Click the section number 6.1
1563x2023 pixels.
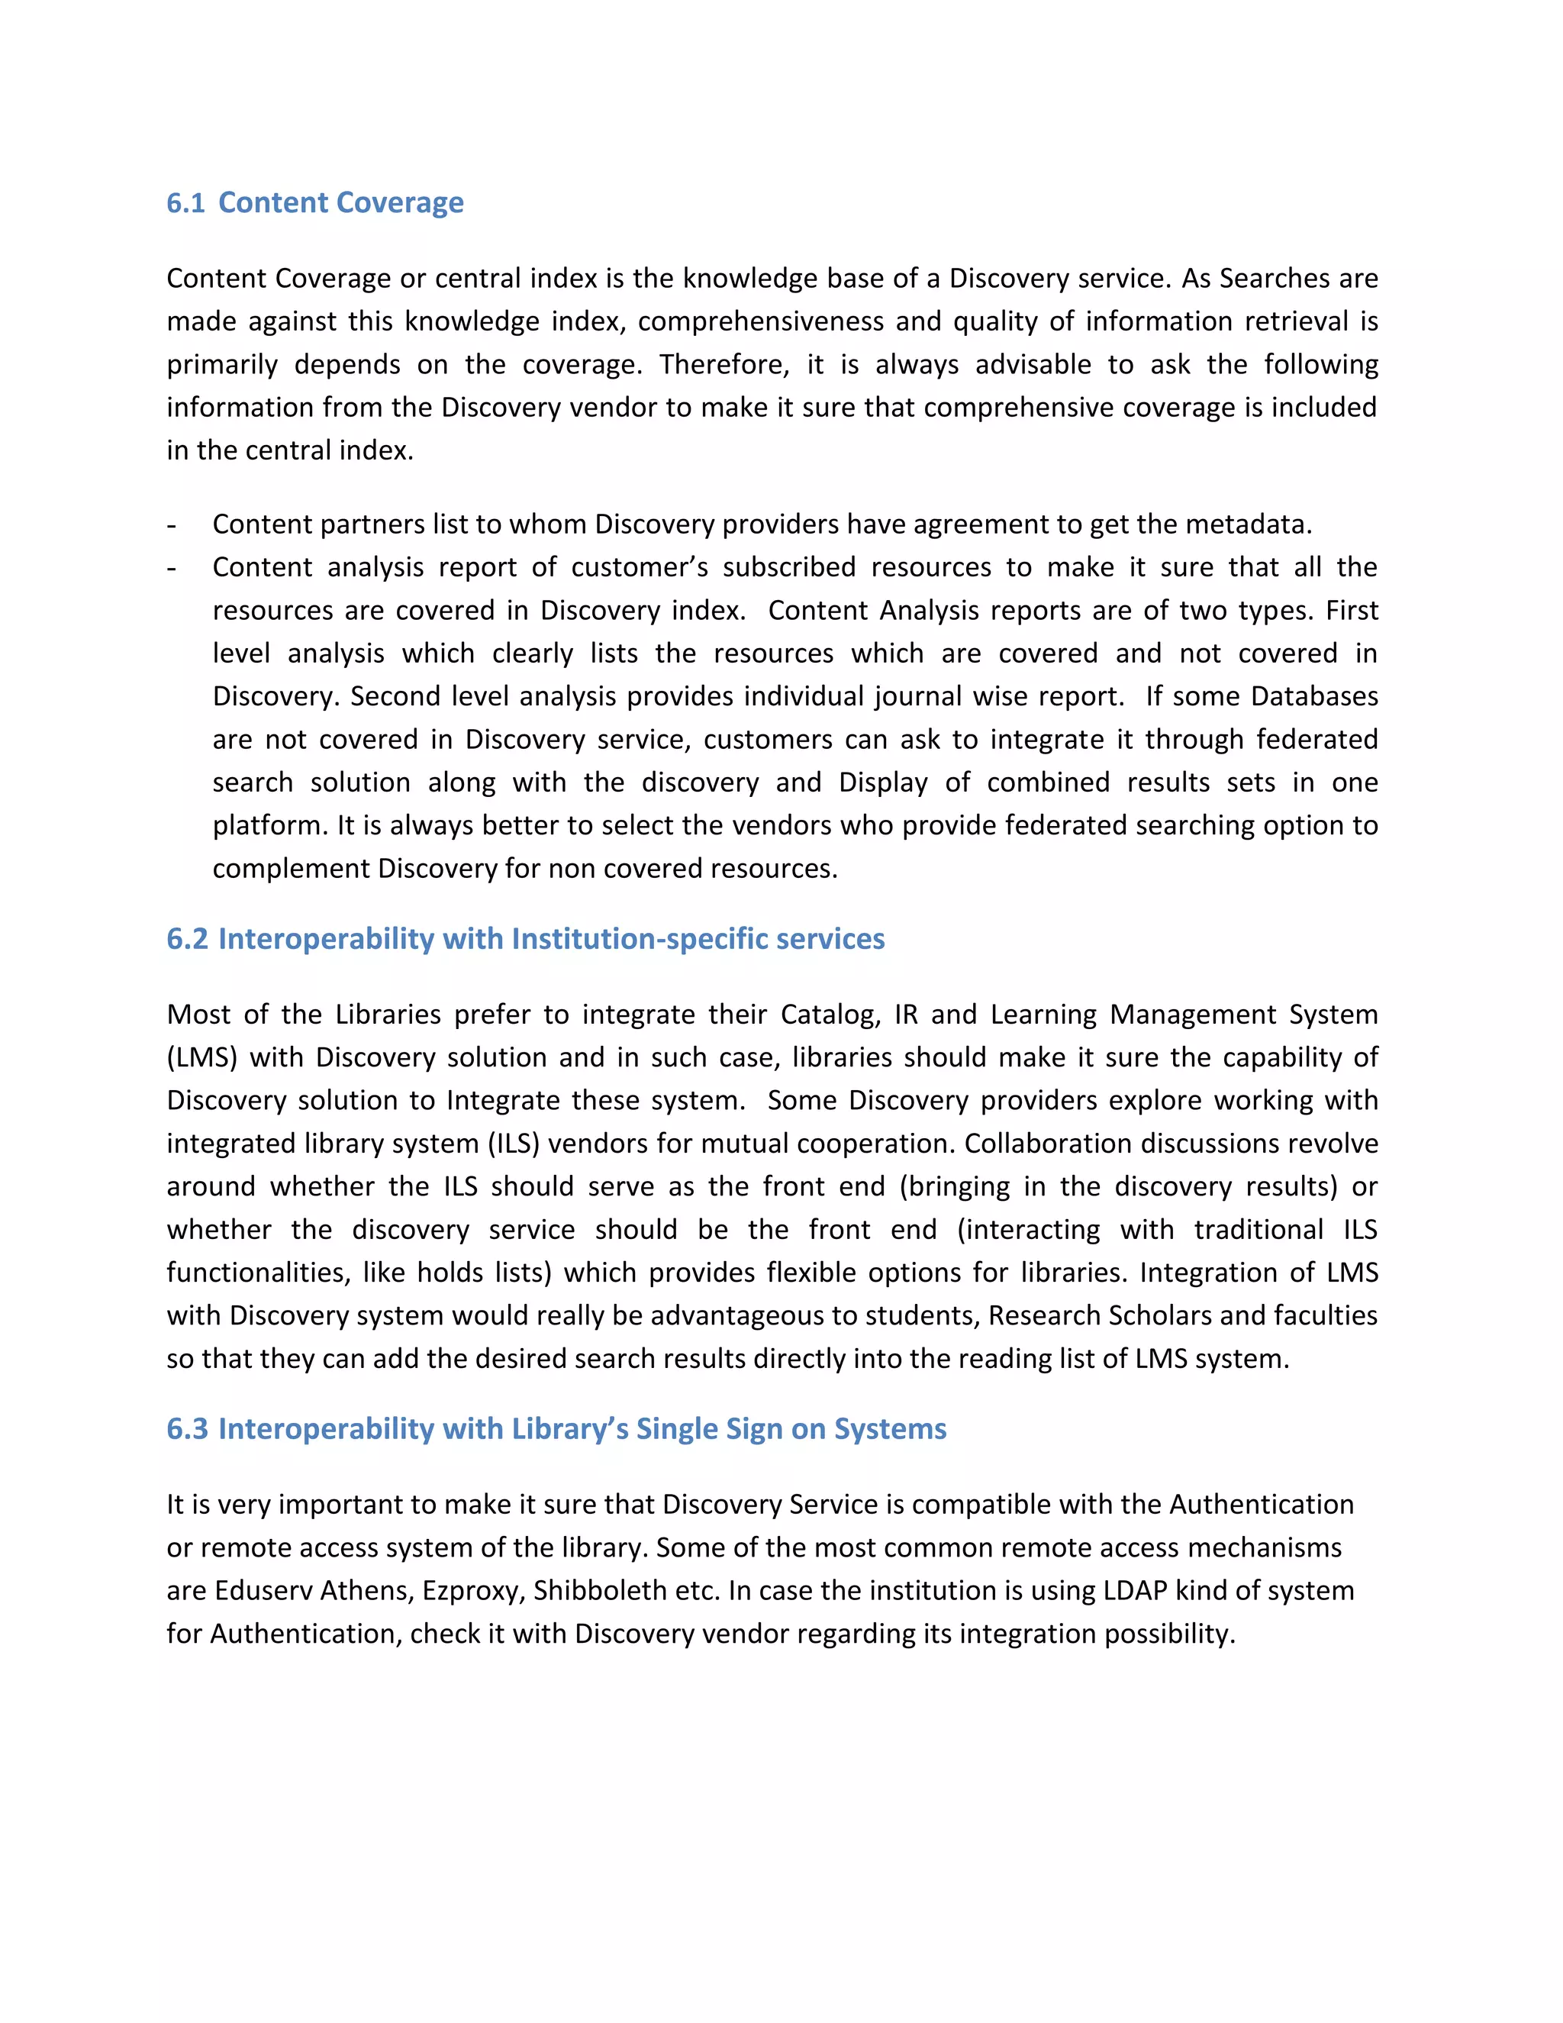185,203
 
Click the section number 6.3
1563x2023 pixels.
187,1429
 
